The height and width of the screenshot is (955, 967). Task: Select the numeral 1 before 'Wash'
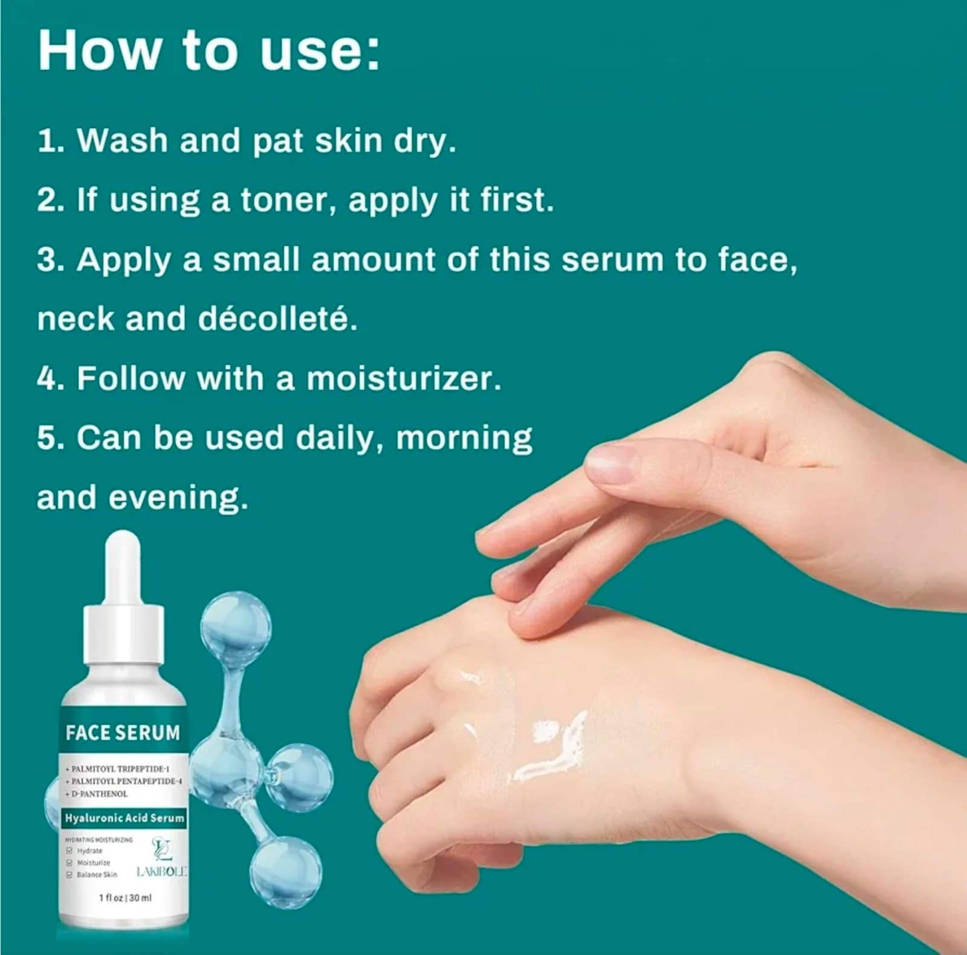click(x=47, y=141)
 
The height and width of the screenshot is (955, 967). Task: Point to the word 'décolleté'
click(x=277, y=319)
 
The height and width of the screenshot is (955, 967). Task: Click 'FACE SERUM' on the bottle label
click(x=123, y=733)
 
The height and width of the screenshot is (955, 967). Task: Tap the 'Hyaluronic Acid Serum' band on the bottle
click(x=125, y=818)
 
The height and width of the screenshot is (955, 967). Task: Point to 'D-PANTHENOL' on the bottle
click(x=100, y=794)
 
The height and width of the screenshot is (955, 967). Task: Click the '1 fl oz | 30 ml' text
click(x=125, y=898)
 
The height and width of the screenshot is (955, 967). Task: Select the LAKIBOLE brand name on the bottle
click(x=161, y=872)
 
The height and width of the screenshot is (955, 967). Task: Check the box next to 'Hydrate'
click(x=70, y=850)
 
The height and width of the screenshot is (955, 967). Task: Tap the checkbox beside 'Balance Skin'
click(x=70, y=874)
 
